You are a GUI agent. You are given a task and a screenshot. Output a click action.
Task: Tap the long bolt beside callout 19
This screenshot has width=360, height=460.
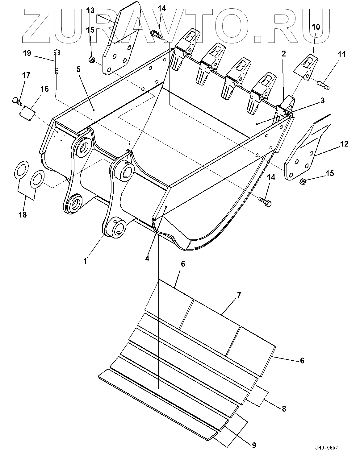pyautogui.click(x=56, y=62)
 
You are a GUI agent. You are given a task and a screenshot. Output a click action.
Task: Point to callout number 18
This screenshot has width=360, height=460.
pyautogui.click(x=23, y=214)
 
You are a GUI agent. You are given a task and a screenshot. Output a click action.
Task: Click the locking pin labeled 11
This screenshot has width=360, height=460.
pyautogui.click(x=323, y=84)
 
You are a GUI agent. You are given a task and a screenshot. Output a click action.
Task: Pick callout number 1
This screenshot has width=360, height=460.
pyautogui.click(x=85, y=261)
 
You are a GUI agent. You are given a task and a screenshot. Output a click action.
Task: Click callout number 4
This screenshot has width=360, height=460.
pyautogui.click(x=147, y=259)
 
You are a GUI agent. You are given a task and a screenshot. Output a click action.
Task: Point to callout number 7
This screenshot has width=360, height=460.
pyautogui.click(x=239, y=295)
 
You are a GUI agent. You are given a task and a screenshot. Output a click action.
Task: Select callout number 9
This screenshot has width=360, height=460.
pyautogui.click(x=254, y=445)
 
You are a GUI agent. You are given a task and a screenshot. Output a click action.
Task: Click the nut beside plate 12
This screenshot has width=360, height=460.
pyautogui.click(x=303, y=182)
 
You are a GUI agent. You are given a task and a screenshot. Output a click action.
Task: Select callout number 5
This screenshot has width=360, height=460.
pyautogui.click(x=78, y=69)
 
